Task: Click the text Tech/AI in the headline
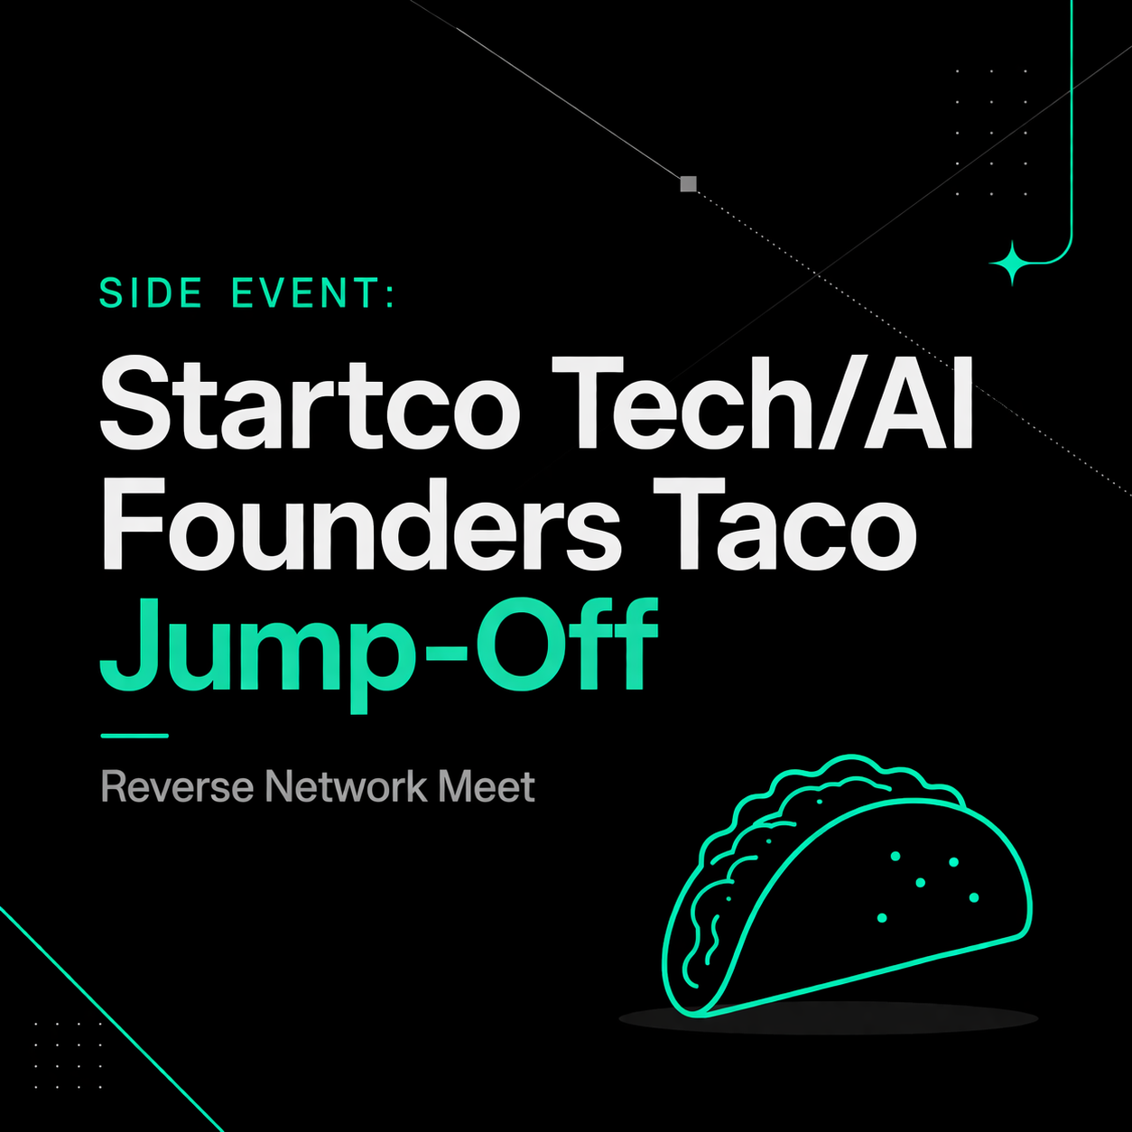(x=762, y=404)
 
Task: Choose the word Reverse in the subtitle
(x=177, y=786)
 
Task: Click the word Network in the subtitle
(x=347, y=786)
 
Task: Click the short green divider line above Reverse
(x=135, y=735)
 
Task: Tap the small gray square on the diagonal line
(x=689, y=184)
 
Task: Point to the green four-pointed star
(x=1012, y=264)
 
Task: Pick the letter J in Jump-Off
(x=125, y=645)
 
